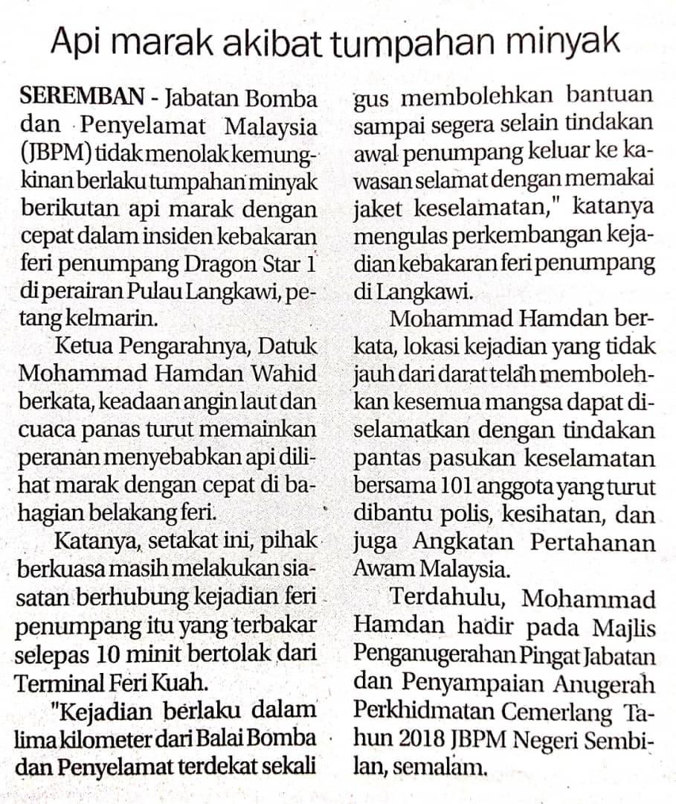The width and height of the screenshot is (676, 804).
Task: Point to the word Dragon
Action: point(218,264)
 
